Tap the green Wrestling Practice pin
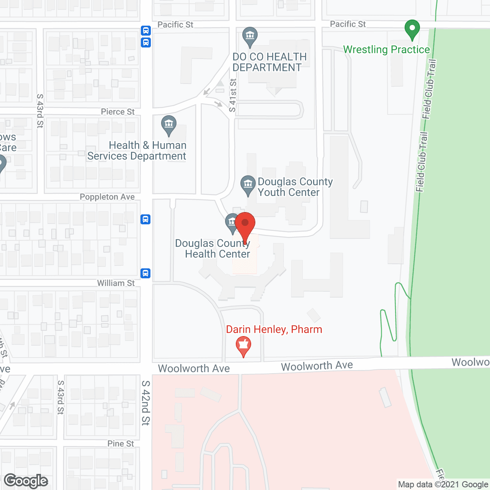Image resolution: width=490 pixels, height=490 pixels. click(x=412, y=29)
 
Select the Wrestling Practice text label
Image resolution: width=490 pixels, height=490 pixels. click(x=386, y=50)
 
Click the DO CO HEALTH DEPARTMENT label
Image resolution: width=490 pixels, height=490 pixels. click(x=269, y=62)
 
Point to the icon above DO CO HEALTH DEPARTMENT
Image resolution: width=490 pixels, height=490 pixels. click(x=250, y=36)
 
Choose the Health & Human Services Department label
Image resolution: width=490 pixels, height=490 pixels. click(x=137, y=151)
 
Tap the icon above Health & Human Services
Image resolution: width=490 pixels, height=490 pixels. click(x=169, y=125)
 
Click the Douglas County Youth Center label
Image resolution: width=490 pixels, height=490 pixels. click(x=295, y=187)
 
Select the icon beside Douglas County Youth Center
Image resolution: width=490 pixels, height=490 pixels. click(x=248, y=185)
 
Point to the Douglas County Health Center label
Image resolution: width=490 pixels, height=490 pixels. click(x=213, y=249)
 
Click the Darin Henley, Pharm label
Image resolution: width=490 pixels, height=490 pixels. click(x=274, y=329)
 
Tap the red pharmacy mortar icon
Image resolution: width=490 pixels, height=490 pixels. click(x=243, y=345)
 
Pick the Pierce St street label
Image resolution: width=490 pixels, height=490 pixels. click(x=118, y=112)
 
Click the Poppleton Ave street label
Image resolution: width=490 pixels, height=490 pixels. click(x=107, y=197)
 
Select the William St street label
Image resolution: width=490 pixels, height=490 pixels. click(x=116, y=283)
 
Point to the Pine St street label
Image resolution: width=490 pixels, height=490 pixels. click(x=121, y=443)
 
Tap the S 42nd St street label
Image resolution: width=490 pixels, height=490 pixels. click(x=145, y=403)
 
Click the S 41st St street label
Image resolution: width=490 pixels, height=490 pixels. click(x=233, y=96)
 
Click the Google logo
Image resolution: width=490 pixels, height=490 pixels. click(x=26, y=481)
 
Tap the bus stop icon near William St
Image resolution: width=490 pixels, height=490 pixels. click(x=145, y=273)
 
